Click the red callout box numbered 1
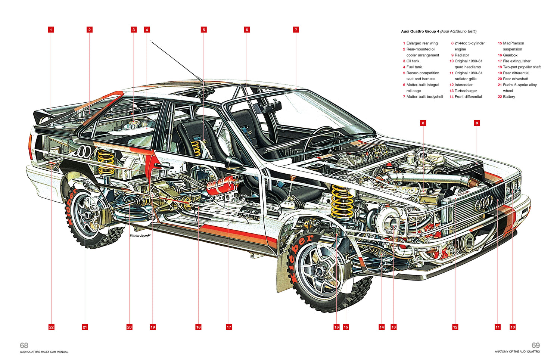(x=51, y=30)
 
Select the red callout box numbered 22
(x=51, y=327)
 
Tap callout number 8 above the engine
(x=423, y=123)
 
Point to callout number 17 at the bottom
(x=229, y=327)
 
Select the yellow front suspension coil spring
(x=342, y=202)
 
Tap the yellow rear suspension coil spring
(x=106, y=162)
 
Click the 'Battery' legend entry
(x=508, y=97)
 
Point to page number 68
(x=24, y=345)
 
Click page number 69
(x=535, y=345)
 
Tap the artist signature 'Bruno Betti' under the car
(x=140, y=236)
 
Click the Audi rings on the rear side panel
(x=83, y=151)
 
